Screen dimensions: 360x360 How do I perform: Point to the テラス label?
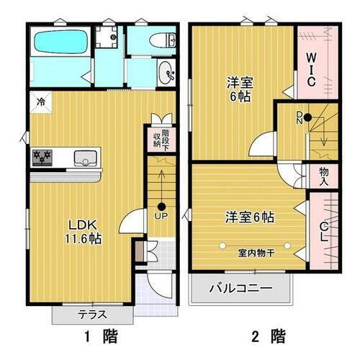pyautogui.click(x=92, y=315)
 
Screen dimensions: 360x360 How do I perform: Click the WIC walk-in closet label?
pyautogui.click(x=311, y=70)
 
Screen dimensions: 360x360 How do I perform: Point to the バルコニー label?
pyautogui.click(x=240, y=289)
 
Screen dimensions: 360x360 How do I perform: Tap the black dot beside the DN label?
pyautogui.click(x=306, y=117)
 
